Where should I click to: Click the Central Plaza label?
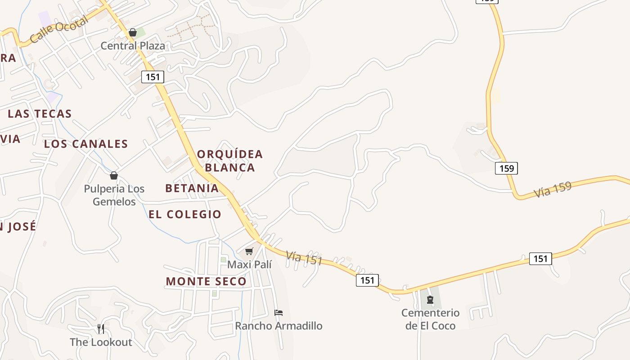pyautogui.click(x=133, y=46)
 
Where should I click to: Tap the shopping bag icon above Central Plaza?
pyautogui.click(x=133, y=32)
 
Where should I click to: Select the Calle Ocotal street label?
pyautogui.click(x=59, y=31)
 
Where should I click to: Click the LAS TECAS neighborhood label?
pyautogui.click(x=40, y=114)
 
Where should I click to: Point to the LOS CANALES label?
pyautogui.click(x=86, y=144)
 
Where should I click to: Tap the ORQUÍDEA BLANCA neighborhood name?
pyautogui.click(x=230, y=161)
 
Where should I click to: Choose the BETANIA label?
pyautogui.click(x=192, y=188)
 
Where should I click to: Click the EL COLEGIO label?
pyautogui.click(x=185, y=214)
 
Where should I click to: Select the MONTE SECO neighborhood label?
pyautogui.click(x=206, y=282)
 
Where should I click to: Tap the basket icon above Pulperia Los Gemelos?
pyautogui.click(x=114, y=175)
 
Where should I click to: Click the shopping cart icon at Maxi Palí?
pyautogui.click(x=249, y=251)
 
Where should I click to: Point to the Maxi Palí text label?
pyautogui.click(x=249, y=265)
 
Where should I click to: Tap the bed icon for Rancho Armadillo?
pyautogui.click(x=279, y=313)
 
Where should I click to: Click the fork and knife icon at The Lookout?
pyautogui.click(x=101, y=329)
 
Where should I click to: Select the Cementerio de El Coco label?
pyautogui.click(x=430, y=319)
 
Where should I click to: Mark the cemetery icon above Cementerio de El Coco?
pyautogui.click(x=430, y=300)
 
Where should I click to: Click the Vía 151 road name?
pyautogui.click(x=304, y=258)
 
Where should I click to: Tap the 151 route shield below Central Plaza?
pyautogui.click(x=153, y=77)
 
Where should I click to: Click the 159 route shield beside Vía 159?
pyautogui.click(x=507, y=168)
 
